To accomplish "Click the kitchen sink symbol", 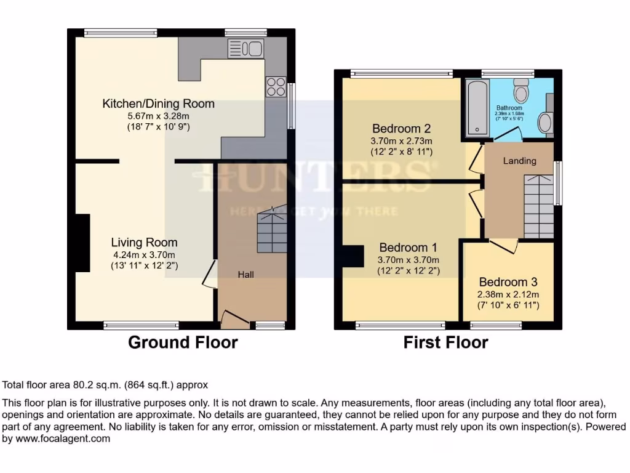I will coord(245,48).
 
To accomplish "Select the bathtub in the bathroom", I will coord(477,107).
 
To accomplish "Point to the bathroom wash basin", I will coord(545,122).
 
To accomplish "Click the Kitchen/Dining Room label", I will coord(158,103).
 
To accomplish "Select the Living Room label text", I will coord(144,243).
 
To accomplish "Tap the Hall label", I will coord(247,275).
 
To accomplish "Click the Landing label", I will coord(520,161).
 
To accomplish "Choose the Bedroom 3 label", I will coord(508,282).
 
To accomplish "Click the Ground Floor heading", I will coord(183,342).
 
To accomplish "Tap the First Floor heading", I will coord(445,342).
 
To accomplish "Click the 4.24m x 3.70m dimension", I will coord(144,255).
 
